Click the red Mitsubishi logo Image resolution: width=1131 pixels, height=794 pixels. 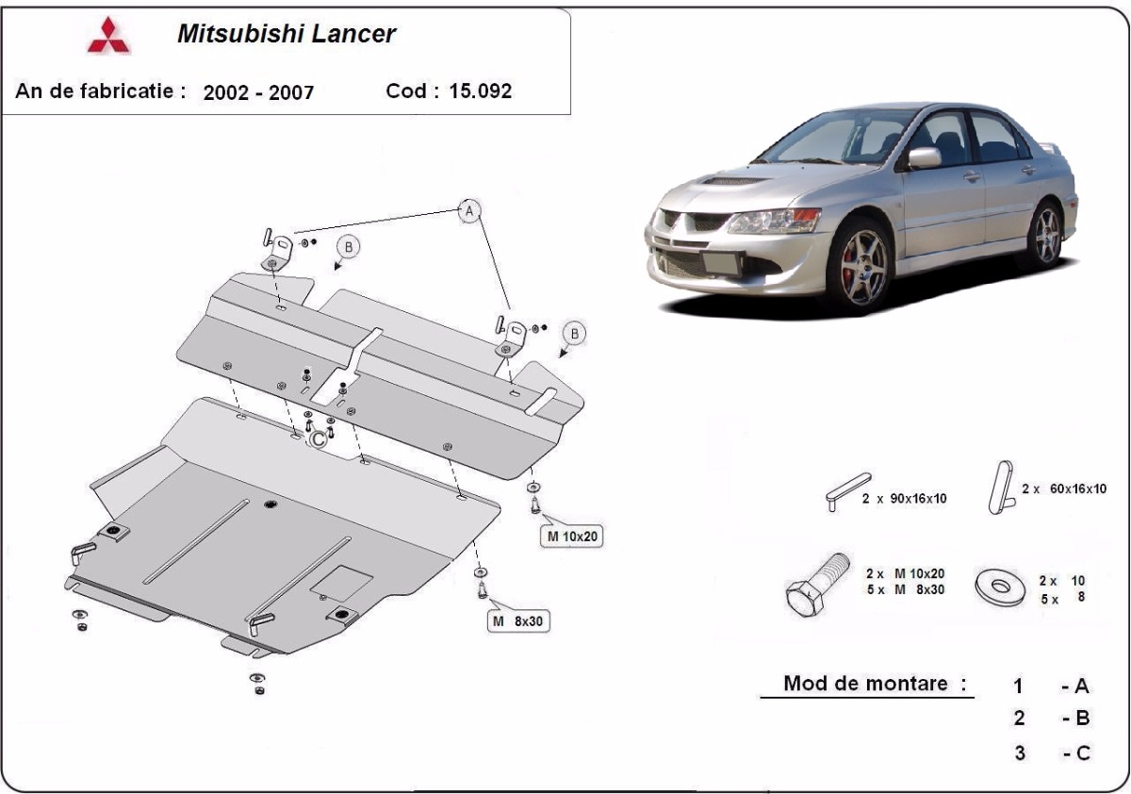pyautogui.click(x=109, y=36)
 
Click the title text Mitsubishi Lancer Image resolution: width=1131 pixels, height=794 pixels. pyautogui.click(x=287, y=35)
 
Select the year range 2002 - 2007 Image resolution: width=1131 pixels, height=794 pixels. pyautogui.click(x=258, y=92)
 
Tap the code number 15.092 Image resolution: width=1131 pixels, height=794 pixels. pyautogui.click(x=481, y=91)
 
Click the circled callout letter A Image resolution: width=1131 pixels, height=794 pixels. pyautogui.click(x=468, y=211)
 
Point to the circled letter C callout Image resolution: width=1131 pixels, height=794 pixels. pyautogui.click(x=319, y=438)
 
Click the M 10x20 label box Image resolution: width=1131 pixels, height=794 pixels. pyautogui.click(x=570, y=537)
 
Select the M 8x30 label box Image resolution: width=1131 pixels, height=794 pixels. pyautogui.click(x=518, y=620)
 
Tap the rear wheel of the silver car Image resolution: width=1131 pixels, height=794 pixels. pyautogui.click(x=1045, y=234)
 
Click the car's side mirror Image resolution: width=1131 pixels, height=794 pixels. pyautogui.click(x=923, y=157)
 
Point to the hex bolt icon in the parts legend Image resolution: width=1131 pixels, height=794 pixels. pyautogui.click(x=816, y=587)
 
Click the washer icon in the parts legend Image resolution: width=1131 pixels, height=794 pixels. pyautogui.click(x=1001, y=586)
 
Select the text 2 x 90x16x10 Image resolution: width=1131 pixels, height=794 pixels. pyautogui.click(x=903, y=498)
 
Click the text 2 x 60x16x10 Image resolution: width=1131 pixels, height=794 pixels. pyautogui.click(x=1063, y=488)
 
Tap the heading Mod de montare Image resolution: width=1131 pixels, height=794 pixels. pyautogui.click(x=866, y=684)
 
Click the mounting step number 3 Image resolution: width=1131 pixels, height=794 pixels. pyautogui.click(x=1020, y=753)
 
